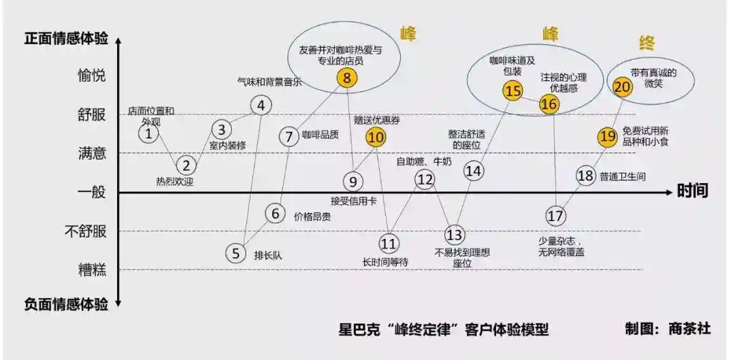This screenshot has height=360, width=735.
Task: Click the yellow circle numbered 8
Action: click(347, 78)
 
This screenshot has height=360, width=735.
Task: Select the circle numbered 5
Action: click(235, 254)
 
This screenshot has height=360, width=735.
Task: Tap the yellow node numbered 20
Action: click(623, 86)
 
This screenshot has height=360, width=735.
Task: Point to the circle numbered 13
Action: click(454, 234)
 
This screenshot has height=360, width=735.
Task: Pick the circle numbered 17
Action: click(556, 216)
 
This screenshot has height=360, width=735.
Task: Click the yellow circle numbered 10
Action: click(376, 137)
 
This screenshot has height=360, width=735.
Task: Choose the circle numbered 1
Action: click(148, 134)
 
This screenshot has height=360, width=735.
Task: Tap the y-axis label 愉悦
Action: click(92, 76)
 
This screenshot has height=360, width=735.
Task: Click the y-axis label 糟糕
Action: click(92, 269)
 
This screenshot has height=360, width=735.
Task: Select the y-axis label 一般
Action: click(92, 192)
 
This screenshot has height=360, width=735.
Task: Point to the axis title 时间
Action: click(692, 191)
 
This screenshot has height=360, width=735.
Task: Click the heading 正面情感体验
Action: click(66, 38)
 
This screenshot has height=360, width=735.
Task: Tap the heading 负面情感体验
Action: click(66, 305)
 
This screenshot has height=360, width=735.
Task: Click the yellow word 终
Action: click(647, 44)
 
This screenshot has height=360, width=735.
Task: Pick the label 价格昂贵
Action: click(312, 216)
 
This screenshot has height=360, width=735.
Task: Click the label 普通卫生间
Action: click(623, 177)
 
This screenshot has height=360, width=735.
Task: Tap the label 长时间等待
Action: click(385, 262)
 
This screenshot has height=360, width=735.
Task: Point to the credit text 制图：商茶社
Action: click(668, 329)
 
